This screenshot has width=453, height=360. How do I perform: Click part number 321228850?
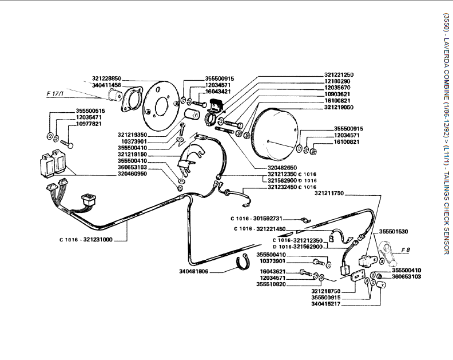106,78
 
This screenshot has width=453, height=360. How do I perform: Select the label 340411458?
106,85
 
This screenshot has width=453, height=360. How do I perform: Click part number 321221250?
339,74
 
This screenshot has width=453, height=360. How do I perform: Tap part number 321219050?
339,107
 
